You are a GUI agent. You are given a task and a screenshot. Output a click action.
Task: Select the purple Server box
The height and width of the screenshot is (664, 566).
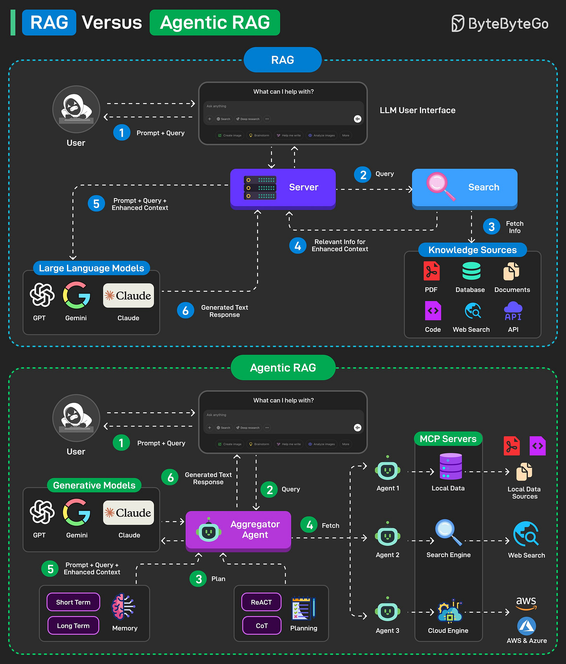(x=283, y=188)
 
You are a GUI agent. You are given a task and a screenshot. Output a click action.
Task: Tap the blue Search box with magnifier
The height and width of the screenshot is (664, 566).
(x=465, y=188)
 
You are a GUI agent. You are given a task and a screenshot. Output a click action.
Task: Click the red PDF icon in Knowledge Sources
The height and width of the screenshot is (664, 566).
(x=431, y=271)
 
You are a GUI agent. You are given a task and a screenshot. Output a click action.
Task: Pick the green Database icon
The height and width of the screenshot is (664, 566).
(x=471, y=271)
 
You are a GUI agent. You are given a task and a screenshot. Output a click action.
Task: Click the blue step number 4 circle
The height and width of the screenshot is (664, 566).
(x=298, y=246)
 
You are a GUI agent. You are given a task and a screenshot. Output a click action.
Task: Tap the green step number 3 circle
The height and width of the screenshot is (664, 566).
(x=199, y=579)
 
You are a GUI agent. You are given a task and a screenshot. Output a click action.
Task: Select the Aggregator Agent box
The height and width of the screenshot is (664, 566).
(x=238, y=530)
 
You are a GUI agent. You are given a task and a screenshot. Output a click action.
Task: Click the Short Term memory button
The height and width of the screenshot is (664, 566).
(x=73, y=602)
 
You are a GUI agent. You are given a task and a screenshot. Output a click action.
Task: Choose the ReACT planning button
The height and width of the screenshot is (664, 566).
(x=261, y=602)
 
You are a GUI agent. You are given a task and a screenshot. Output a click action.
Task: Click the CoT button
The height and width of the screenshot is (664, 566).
(x=262, y=626)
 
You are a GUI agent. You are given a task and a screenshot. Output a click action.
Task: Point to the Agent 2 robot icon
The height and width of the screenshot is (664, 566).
(x=388, y=536)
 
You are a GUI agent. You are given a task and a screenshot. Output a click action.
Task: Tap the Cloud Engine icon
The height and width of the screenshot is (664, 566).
(x=449, y=612)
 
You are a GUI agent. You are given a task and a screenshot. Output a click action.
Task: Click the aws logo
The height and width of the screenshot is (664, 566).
(x=526, y=602)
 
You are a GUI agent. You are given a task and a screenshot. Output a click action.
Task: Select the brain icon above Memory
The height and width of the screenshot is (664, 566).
(x=123, y=606)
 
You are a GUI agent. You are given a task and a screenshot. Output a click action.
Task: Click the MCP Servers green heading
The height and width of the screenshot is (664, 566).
(x=448, y=439)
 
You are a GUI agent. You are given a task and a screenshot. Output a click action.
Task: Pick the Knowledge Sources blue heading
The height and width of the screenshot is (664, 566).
(x=472, y=250)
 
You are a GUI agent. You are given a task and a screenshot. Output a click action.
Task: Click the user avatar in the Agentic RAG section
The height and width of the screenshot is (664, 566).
(x=76, y=418)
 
